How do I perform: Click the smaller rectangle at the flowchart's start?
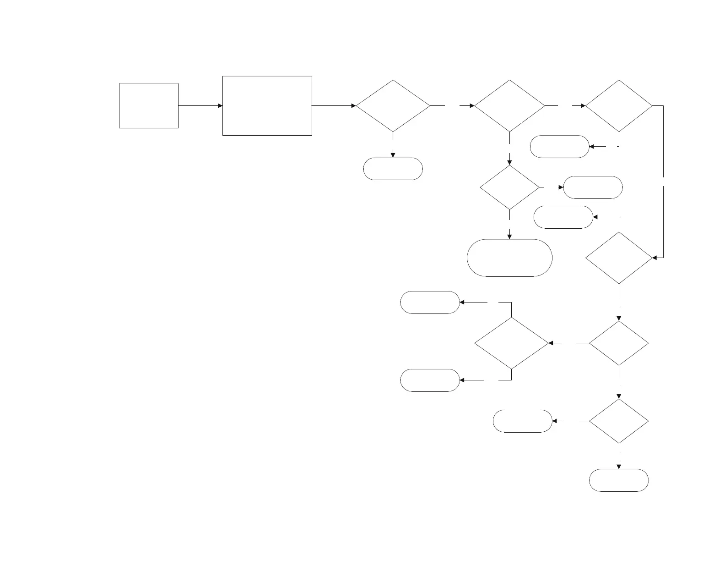148,106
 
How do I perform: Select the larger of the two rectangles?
267,106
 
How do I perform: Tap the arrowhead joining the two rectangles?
220,106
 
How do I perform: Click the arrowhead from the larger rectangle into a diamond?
353,106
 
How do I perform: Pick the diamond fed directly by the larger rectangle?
393,106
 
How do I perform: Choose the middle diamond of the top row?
509,106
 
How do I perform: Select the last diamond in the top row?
619,106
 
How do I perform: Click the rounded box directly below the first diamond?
393,169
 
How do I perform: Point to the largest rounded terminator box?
509,258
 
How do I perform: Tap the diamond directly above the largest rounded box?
509,187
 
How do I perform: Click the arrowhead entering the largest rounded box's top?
509,236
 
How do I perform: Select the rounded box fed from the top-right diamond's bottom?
559,147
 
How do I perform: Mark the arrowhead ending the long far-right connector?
655,258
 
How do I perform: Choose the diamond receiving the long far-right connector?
619,258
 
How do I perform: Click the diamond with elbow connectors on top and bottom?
511,343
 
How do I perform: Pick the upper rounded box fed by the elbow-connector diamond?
430,302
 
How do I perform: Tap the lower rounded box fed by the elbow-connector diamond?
430,380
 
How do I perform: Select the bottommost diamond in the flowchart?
619,421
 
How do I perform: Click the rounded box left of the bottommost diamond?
522,421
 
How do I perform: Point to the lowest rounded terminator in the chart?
619,480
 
